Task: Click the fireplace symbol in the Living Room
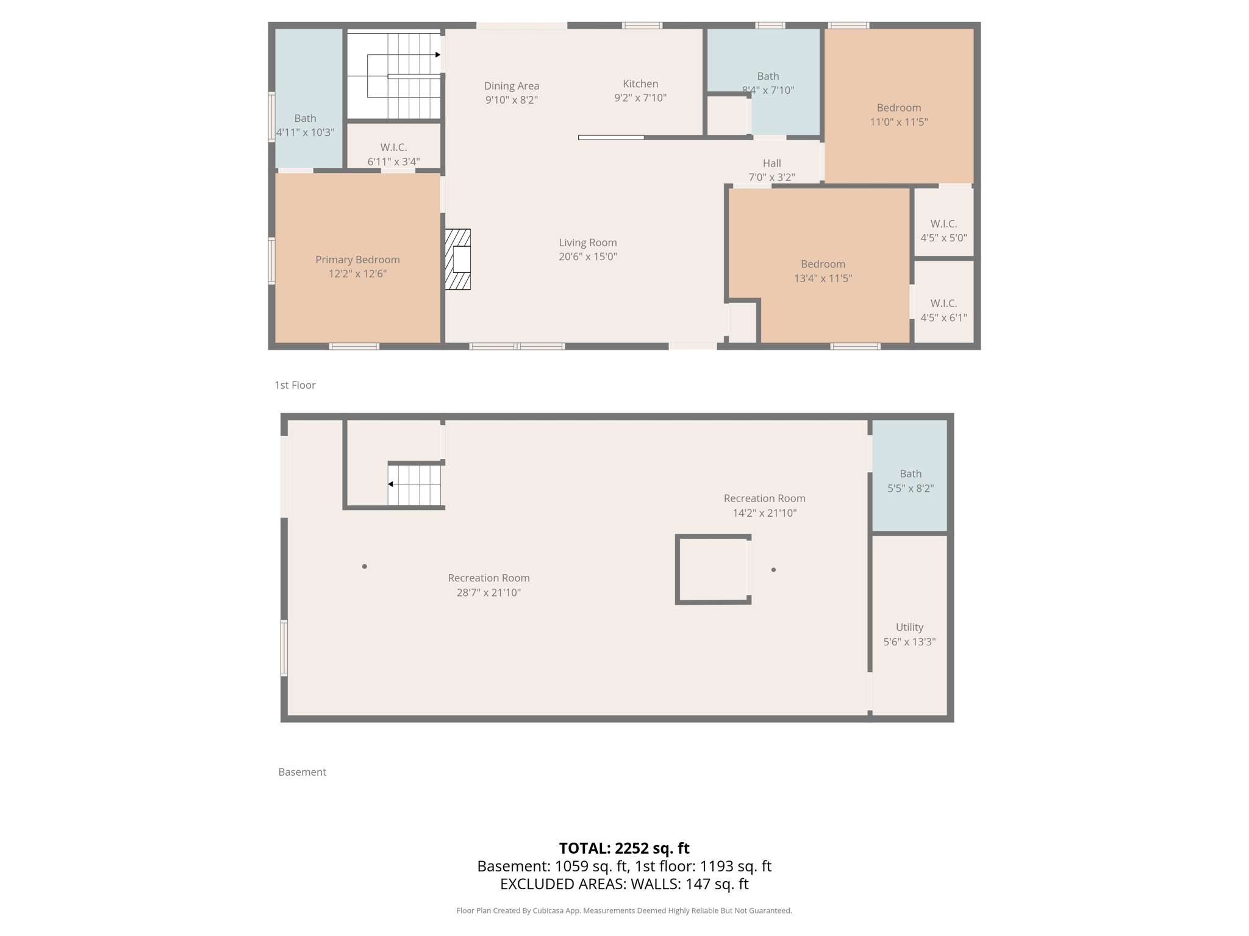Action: (x=458, y=259)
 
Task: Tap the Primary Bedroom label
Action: (x=357, y=260)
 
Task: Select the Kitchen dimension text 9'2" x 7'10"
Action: (x=640, y=97)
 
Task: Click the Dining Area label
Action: (x=511, y=86)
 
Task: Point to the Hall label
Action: (x=771, y=163)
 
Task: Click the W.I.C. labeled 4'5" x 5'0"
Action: (x=943, y=230)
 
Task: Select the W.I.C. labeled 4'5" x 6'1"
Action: (x=943, y=310)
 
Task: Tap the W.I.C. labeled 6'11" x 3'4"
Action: (x=393, y=154)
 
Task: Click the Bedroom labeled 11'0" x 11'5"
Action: (x=898, y=115)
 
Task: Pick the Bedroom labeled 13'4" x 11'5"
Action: (x=823, y=271)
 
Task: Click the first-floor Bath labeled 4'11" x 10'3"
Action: (x=305, y=125)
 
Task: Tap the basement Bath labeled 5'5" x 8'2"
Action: (x=910, y=480)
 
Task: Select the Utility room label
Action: (x=909, y=627)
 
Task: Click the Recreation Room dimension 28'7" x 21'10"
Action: (x=489, y=592)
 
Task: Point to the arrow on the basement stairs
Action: (x=391, y=484)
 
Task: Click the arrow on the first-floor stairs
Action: (x=437, y=55)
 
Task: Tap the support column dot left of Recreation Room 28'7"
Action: (x=365, y=567)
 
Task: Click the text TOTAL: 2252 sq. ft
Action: (x=624, y=848)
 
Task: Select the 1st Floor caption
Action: (x=295, y=385)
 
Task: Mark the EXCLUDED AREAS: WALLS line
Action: (x=624, y=884)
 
